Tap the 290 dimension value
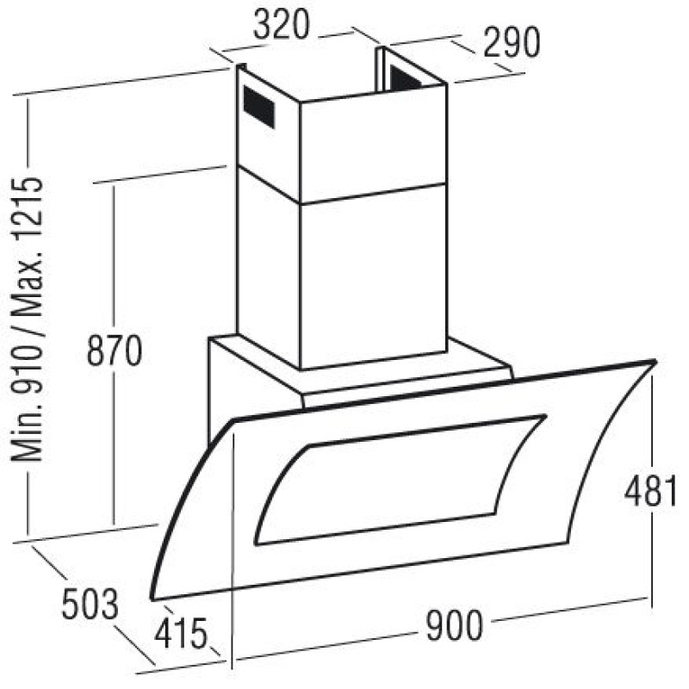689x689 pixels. click(x=512, y=42)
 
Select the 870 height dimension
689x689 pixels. click(x=115, y=351)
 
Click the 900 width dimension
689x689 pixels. click(x=455, y=625)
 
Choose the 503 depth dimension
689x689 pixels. click(x=90, y=605)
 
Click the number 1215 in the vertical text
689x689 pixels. click(x=28, y=208)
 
